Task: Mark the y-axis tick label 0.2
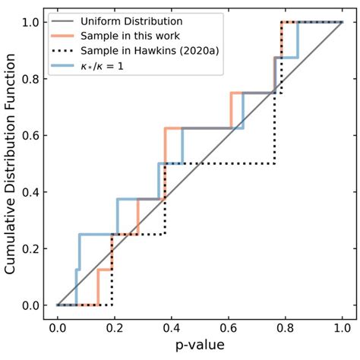point(30,248)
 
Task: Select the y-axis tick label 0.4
point(30,191)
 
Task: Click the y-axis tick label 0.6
point(30,135)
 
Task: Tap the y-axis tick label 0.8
point(30,78)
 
